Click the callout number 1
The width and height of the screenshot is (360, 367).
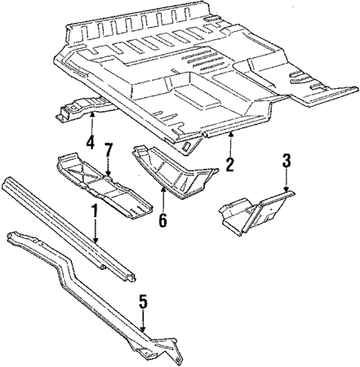[x=94, y=212]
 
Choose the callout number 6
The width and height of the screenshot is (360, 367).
[x=163, y=220]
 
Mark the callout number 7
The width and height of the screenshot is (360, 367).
[x=108, y=152]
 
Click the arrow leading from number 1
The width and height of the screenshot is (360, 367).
[x=95, y=234]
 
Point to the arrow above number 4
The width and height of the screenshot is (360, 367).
[x=91, y=120]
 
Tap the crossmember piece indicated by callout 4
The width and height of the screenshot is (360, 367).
[x=74, y=108]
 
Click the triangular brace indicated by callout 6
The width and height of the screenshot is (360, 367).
[x=174, y=174]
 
